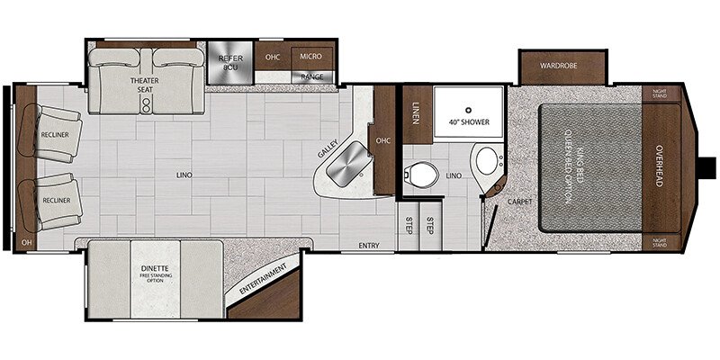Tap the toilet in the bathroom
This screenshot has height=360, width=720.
pyautogui.click(x=419, y=171)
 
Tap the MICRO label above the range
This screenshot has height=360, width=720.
pyautogui.click(x=311, y=57)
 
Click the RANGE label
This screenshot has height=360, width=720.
pyautogui.click(x=311, y=77)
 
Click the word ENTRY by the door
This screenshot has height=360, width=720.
pyautogui.click(x=369, y=246)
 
